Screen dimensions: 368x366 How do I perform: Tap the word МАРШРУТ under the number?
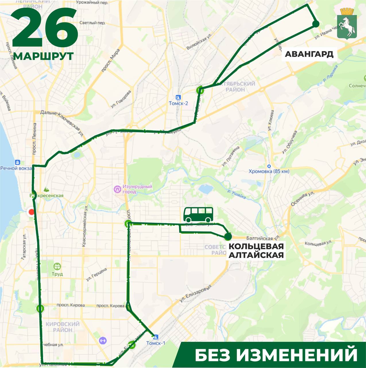click(x=43, y=56)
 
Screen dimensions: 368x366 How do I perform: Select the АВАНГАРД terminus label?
click(x=309, y=54)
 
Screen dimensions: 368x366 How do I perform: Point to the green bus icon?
click(x=199, y=214)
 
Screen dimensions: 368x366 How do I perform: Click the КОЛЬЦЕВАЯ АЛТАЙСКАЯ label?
click(x=256, y=250)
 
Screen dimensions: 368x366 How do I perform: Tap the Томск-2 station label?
click(x=178, y=103)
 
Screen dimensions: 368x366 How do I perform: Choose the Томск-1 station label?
click(x=156, y=343)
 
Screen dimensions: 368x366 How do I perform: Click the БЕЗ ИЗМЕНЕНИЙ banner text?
click(x=276, y=355)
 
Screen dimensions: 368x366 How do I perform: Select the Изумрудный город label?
click(x=137, y=189)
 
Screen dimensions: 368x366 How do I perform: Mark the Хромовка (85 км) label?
click(x=269, y=171)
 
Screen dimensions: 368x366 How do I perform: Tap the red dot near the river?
click(x=31, y=212)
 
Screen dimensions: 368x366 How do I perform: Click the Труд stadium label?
click(x=57, y=274)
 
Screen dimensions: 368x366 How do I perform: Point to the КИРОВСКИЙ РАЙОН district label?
click(x=62, y=327)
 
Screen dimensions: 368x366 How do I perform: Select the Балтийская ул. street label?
click(x=263, y=238)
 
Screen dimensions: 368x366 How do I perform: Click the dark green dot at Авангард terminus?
click(x=316, y=24)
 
